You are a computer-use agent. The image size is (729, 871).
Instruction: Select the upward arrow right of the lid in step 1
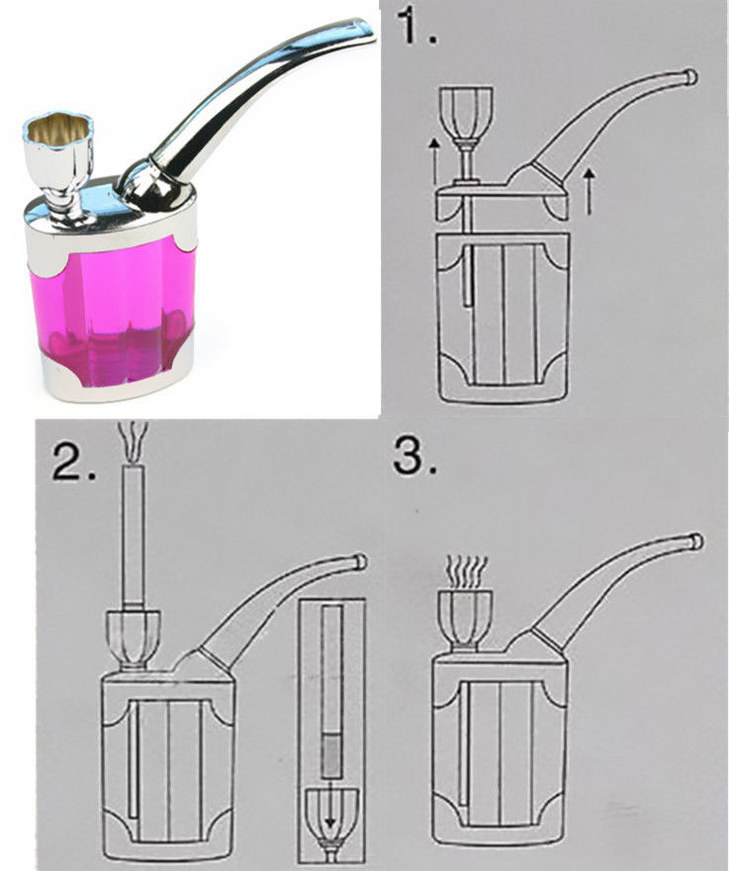pos(590,191)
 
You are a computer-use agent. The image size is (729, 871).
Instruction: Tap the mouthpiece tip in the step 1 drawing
pos(690,76)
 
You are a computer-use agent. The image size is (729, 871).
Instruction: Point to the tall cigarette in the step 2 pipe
pos(134,537)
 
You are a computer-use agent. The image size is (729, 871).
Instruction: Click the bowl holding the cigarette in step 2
pos(134,637)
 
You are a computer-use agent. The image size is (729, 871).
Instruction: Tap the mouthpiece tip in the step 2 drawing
pos(360,560)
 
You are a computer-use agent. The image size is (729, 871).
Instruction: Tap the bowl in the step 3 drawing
pos(465,620)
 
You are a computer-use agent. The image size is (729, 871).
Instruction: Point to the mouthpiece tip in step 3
pos(695,540)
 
